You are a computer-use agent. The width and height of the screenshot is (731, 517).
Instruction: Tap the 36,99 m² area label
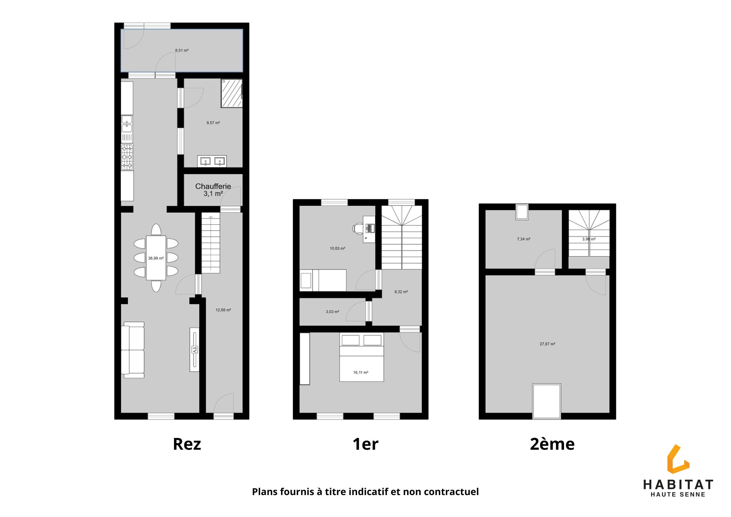coord(156,258)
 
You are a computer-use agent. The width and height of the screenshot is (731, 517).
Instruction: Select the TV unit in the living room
coord(194,350)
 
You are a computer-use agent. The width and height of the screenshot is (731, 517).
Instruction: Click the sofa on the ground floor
coord(133,350)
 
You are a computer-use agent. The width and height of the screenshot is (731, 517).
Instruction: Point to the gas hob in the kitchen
coord(127,157)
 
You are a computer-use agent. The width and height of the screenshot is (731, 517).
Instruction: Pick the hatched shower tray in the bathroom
coord(232,93)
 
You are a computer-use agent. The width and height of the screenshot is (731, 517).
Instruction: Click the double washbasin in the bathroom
coord(212,161)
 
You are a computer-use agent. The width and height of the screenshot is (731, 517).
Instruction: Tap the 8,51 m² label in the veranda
coord(182,50)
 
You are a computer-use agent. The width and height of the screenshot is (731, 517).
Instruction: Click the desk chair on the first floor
coord(358,229)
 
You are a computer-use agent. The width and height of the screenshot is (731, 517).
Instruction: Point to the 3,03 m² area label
coord(332,312)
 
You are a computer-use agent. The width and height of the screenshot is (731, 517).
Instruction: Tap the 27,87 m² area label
coord(547,344)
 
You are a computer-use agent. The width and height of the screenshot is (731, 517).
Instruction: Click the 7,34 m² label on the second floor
coord(523,239)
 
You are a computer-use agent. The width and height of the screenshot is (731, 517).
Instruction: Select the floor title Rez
coord(187,444)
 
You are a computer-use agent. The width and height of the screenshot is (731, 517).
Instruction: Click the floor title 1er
coord(365,444)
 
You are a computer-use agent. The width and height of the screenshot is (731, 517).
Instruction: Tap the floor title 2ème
coord(552,444)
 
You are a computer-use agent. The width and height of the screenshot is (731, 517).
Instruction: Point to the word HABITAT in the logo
coord(678,485)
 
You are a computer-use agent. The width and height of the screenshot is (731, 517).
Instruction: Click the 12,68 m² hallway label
coord(223,310)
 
